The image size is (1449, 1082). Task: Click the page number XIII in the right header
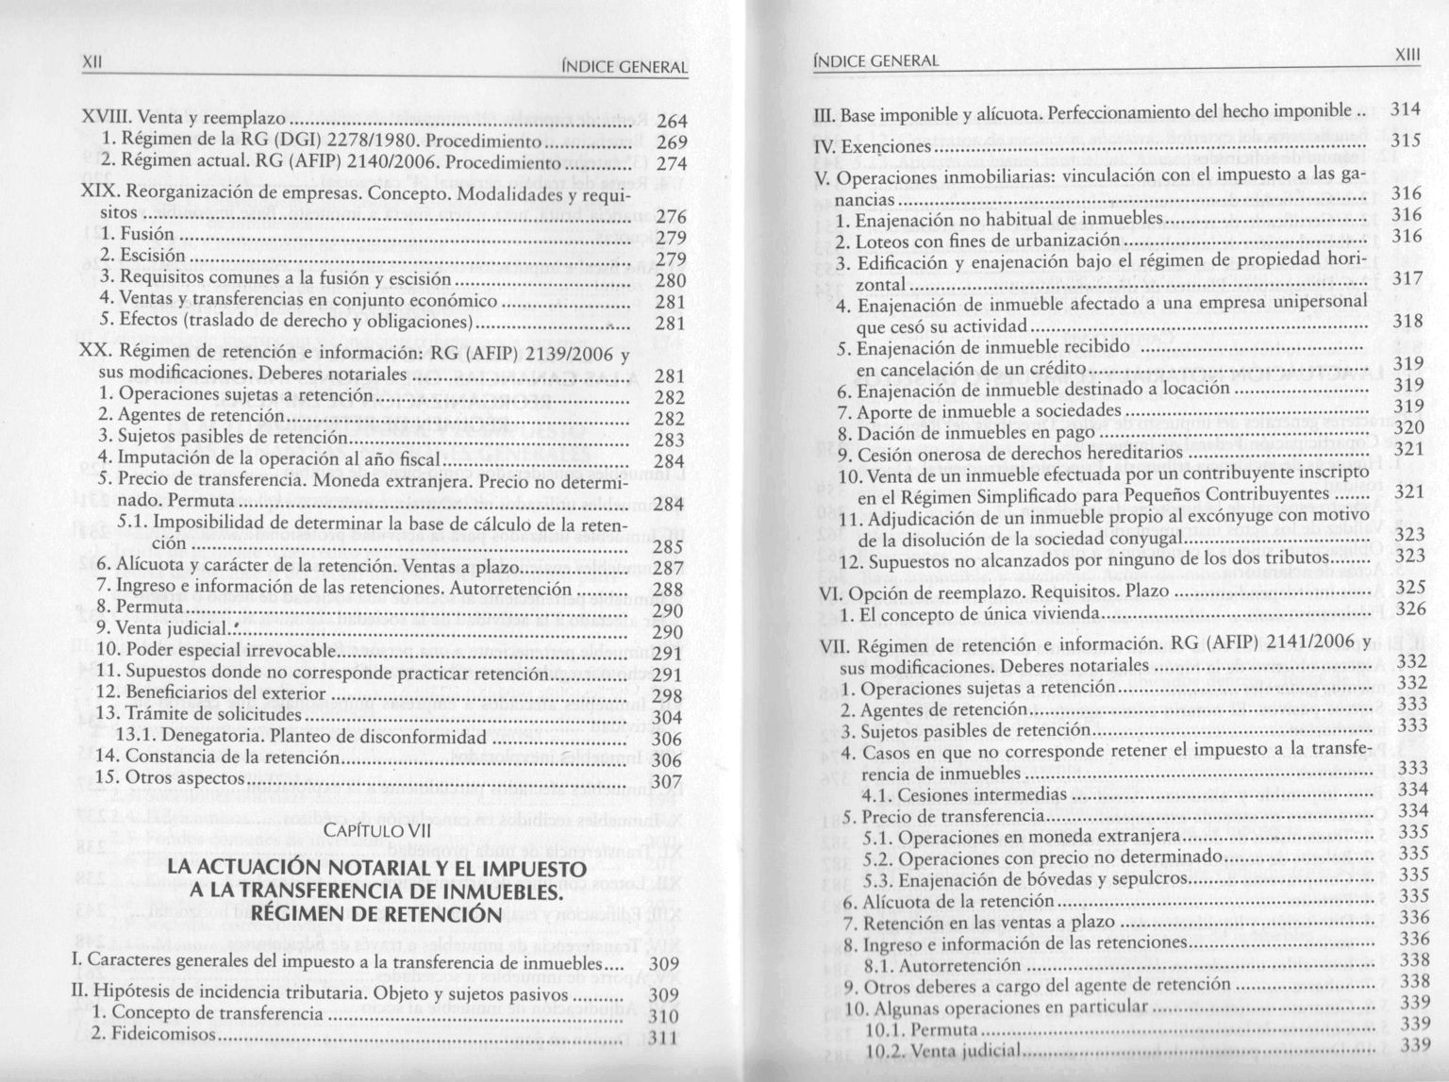tap(1407, 56)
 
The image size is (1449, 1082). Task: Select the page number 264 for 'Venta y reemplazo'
tap(672, 122)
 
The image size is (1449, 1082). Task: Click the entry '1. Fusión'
tap(137, 234)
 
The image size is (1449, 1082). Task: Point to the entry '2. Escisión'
tap(143, 256)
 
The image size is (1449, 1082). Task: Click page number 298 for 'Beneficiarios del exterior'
tap(667, 697)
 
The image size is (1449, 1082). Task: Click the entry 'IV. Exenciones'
tap(872, 147)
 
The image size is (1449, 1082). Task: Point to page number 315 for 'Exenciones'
tap(1406, 140)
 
